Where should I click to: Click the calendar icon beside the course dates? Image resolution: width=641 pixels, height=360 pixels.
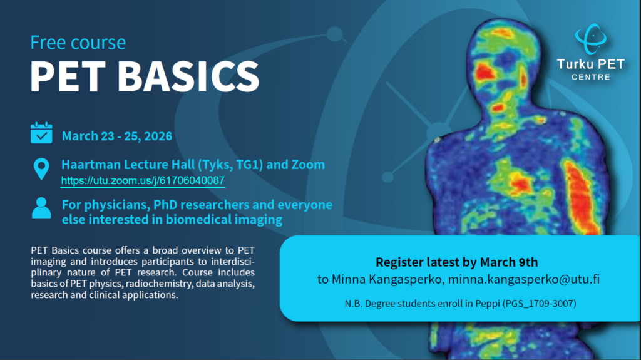(41, 133)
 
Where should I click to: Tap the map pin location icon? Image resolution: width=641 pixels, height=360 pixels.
(41, 169)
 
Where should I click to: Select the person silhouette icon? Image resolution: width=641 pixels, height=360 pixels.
(41, 208)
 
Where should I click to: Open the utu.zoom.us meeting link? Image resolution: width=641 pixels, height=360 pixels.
(143, 180)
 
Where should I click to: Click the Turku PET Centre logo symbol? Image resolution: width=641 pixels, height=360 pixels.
(591, 39)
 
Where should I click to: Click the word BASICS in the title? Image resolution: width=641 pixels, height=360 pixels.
(188, 76)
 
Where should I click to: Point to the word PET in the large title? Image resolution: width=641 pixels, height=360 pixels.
(68, 76)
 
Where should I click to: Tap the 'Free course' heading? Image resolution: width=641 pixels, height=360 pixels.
(78, 43)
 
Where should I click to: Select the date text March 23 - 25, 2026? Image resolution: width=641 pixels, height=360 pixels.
(117, 136)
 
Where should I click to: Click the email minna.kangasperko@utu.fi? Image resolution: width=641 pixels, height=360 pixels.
(524, 279)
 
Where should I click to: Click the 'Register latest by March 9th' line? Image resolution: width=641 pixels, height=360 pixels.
(456, 262)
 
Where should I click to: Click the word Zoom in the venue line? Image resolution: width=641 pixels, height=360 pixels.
(308, 165)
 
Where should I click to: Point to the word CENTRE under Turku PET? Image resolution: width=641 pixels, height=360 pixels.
(591, 77)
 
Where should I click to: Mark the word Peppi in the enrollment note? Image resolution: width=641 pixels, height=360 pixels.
(488, 304)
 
